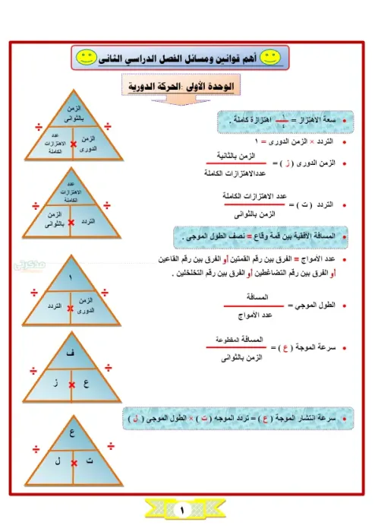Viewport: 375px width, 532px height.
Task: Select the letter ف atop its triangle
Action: click(71, 353)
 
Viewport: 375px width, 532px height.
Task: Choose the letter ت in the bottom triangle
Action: click(88, 461)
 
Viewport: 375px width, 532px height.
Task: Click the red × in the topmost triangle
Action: click(72, 144)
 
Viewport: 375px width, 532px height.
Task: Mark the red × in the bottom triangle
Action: click(72, 462)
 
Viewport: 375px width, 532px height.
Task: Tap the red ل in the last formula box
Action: click(135, 418)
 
